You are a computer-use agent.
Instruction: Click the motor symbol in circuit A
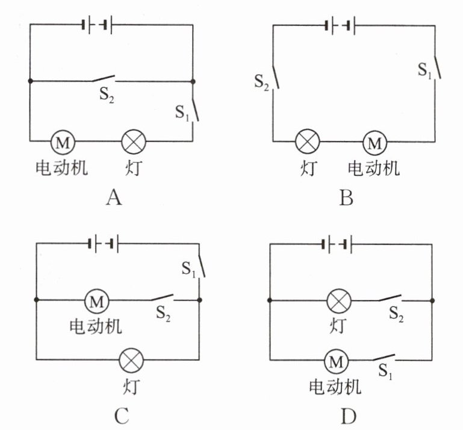(62, 142)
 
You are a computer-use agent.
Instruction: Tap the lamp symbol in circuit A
(134, 142)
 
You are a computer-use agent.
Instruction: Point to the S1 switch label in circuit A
(182, 112)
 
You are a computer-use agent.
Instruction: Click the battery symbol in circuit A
(97, 25)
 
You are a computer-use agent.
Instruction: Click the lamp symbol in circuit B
(308, 143)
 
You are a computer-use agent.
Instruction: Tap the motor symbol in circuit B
(374, 143)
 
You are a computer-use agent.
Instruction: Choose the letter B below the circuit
(346, 197)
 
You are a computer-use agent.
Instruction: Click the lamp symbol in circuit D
(338, 300)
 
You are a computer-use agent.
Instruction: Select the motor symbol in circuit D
(337, 361)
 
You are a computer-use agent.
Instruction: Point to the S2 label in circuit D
(396, 313)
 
